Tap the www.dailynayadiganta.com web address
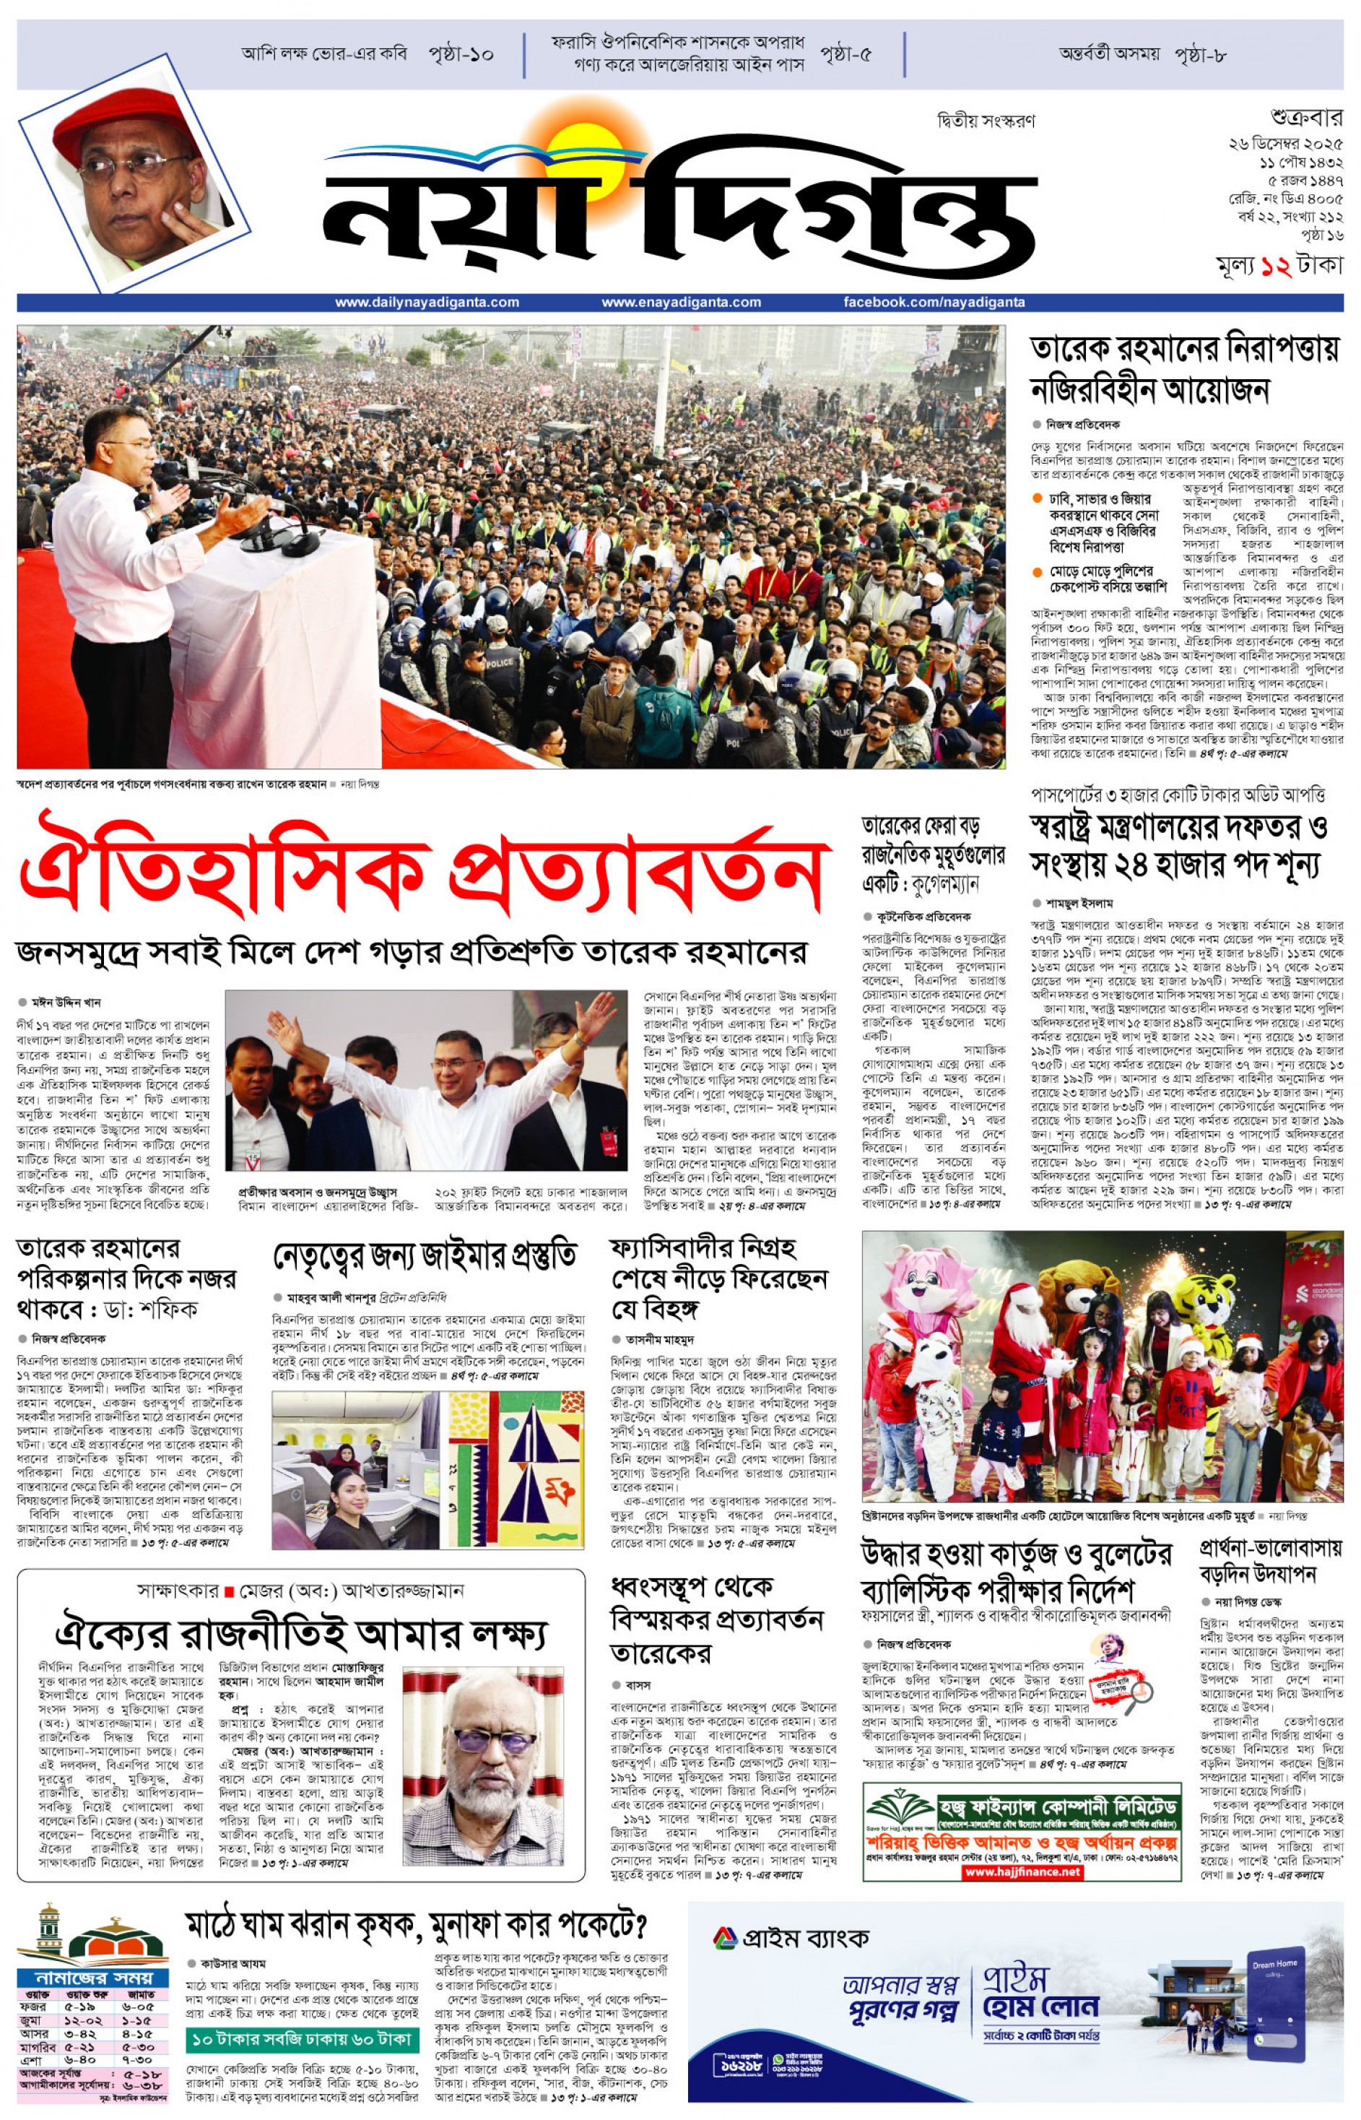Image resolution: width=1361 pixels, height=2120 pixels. point(427,303)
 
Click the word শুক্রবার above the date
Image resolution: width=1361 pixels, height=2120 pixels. point(1306,118)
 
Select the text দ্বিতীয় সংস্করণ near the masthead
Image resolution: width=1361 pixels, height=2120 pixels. point(986,121)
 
